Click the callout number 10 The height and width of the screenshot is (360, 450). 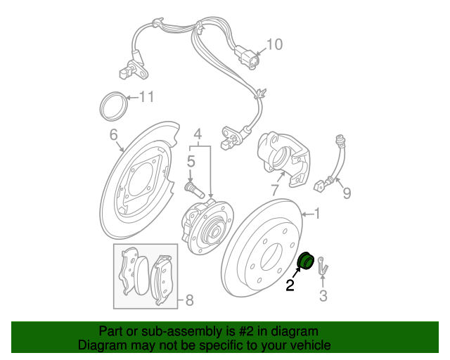click(274, 44)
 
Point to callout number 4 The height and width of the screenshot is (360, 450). click(198, 134)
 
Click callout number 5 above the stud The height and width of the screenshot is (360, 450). click(190, 162)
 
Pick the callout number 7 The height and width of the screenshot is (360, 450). click(276, 191)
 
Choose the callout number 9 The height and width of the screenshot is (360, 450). click(345, 191)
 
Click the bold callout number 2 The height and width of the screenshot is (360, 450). click(290, 285)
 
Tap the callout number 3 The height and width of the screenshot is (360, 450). click(323, 297)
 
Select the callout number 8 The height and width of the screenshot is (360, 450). click(188, 301)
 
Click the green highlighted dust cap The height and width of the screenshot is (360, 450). click(307, 262)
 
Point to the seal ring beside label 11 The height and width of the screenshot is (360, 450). click(112, 106)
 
